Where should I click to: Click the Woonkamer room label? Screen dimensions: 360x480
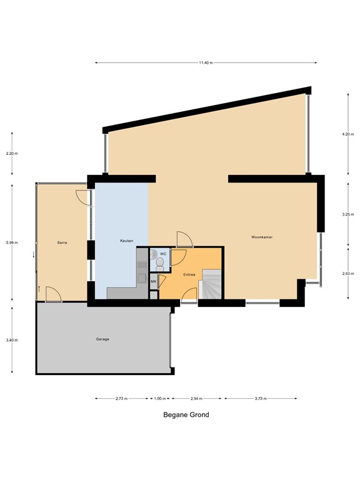tap(262, 237)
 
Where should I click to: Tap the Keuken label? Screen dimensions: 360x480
tap(126, 241)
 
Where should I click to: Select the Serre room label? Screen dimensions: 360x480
tap(62, 242)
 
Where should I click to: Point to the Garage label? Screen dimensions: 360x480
tap(102, 339)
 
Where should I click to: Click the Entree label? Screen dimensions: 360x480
tap(189, 275)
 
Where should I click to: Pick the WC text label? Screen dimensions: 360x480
tap(163, 254)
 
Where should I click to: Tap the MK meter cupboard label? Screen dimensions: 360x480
tap(154, 281)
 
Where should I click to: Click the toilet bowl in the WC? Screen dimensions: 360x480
tap(160, 264)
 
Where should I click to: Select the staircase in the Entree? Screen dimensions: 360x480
tap(210, 284)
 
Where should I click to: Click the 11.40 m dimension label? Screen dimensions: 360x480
tap(206, 62)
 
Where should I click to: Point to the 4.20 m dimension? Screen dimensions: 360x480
tap(348, 134)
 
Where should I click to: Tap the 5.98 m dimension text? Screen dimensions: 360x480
tap(12, 242)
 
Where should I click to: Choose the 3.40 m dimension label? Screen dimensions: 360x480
tap(12, 340)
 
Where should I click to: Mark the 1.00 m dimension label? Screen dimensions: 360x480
tap(160, 399)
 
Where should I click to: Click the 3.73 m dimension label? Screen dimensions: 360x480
tap(261, 399)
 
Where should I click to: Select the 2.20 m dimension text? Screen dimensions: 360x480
tap(12, 154)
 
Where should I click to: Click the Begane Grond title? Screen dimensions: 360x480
tap(186, 415)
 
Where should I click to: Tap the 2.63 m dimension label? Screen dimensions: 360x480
tap(348, 274)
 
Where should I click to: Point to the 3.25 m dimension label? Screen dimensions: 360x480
tap(348, 214)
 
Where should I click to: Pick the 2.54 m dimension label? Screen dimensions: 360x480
tap(196, 399)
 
